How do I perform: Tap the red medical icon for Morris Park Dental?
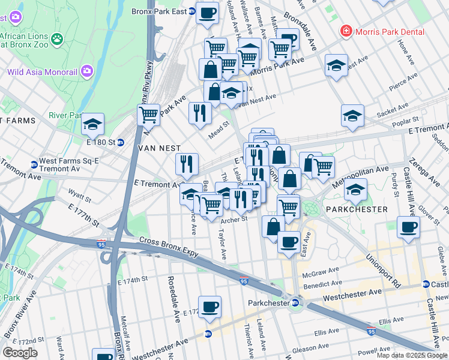pyautogui.click(x=345, y=31)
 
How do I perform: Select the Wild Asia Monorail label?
pyautogui.click(x=42, y=72)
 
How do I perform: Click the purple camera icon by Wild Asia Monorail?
pyautogui.click(x=88, y=72)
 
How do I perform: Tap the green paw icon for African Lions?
pyautogui.click(x=57, y=39)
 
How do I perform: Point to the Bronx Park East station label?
pyautogui.click(x=159, y=11)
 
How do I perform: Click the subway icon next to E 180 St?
pyautogui.click(x=120, y=142)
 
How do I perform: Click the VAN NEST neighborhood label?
pyautogui.click(x=155, y=147)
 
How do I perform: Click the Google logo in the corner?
pyautogui.click(x=20, y=352)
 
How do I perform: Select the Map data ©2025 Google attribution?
pyautogui.click(x=412, y=355)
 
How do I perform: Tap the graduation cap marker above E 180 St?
pyautogui.click(x=93, y=124)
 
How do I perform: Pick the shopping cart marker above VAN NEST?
pyautogui.click(x=148, y=114)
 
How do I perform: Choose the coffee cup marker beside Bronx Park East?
pyautogui.click(x=208, y=13)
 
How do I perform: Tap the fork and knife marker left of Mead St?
pyautogui.click(x=200, y=112)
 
